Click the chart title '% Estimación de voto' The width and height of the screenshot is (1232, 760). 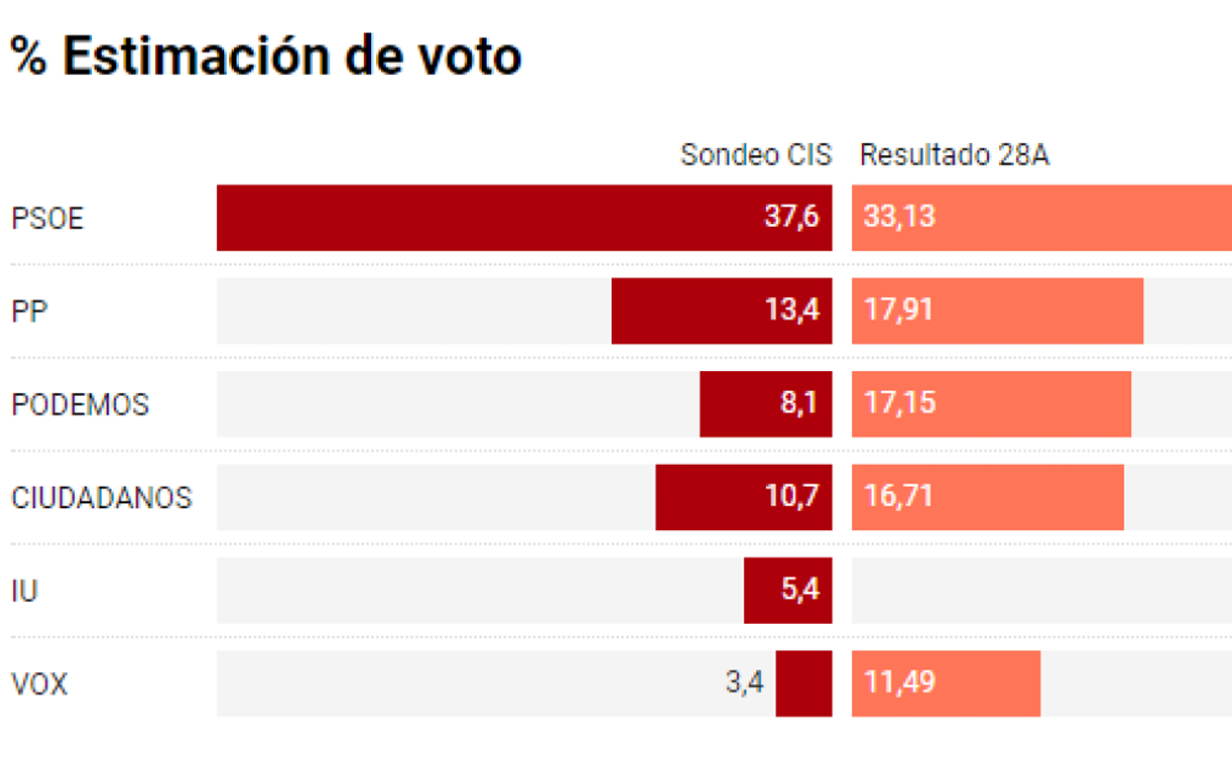pyautogui.click(x=266, y=56)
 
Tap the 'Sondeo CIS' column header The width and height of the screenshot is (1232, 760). pyautogui.click(x=756, y=155)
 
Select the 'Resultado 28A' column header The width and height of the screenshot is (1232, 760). pyautogui.click(x=954, y=155)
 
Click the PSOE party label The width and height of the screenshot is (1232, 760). pyautogui.click(x=47, y=218)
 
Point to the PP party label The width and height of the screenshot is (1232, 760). pyautogui.click(x=30, y=311)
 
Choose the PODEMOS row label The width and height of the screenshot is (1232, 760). pyautogui.click(x=80, y=405)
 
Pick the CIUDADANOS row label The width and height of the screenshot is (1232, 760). pyautogui.click(x=102, y=497)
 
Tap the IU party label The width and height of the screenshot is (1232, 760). pyautogui.click(x=25, y=591)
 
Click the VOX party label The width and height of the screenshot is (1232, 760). pyautogui.click(x=39, y=684)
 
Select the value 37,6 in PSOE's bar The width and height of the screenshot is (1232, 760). pyautogui.click(x=792, y=217)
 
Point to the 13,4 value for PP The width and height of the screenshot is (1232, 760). pyautogui.click(x=792, y=310)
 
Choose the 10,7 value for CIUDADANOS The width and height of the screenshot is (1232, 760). pyautogui.click(x=792, y=496)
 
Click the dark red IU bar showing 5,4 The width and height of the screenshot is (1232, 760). pyautogui.click(x=788, y=590)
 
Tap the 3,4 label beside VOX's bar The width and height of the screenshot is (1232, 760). pyautogui.click(x=745, y=683)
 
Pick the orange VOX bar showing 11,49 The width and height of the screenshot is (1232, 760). pyautogui.click(x=946, y=683)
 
